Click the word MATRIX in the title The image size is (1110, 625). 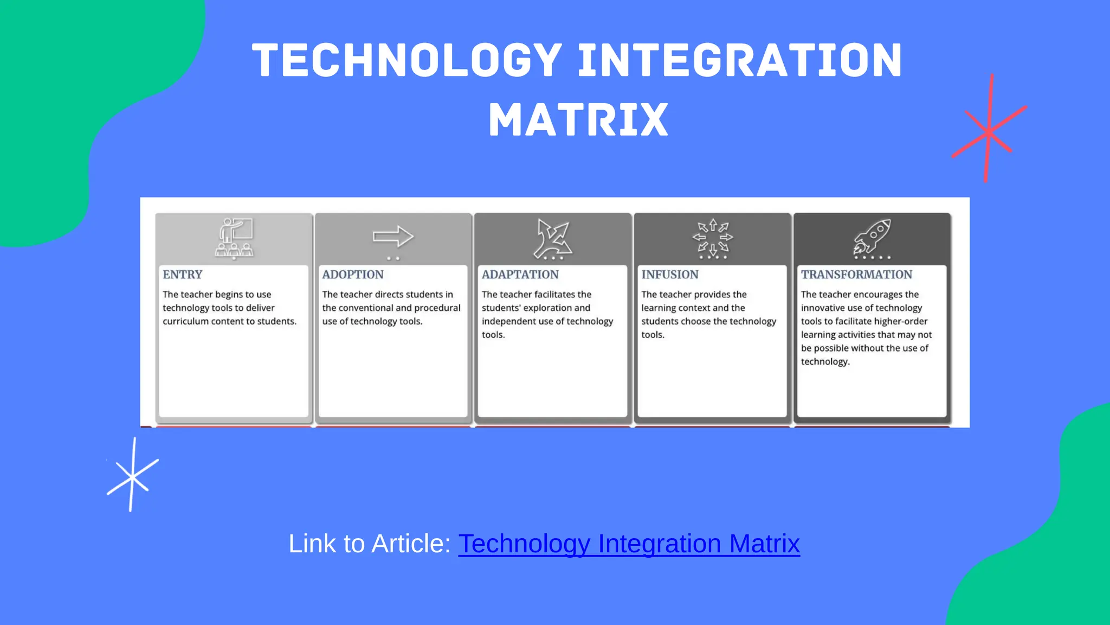(x=578, y=120)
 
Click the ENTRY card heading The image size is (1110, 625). (x=183, y=275)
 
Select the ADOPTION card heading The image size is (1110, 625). (x=353, y=275)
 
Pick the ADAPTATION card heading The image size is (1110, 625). (x=520, y=275)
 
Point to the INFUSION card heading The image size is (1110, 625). (x=670, y=275)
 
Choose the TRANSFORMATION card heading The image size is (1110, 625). (x=857, y=275)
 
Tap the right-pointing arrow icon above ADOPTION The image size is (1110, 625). (x=393, y=237)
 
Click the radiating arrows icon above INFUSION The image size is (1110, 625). (x=713, y=238)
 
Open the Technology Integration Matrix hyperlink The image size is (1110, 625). (x=629, y=544)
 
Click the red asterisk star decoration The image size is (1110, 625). (x=989, y=131)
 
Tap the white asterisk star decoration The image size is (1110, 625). (x=132, y=477)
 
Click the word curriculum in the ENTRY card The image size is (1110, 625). (x=186, y=321)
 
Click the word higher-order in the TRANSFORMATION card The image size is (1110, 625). (x=901, y=321)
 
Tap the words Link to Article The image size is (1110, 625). (x=370, y=544)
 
